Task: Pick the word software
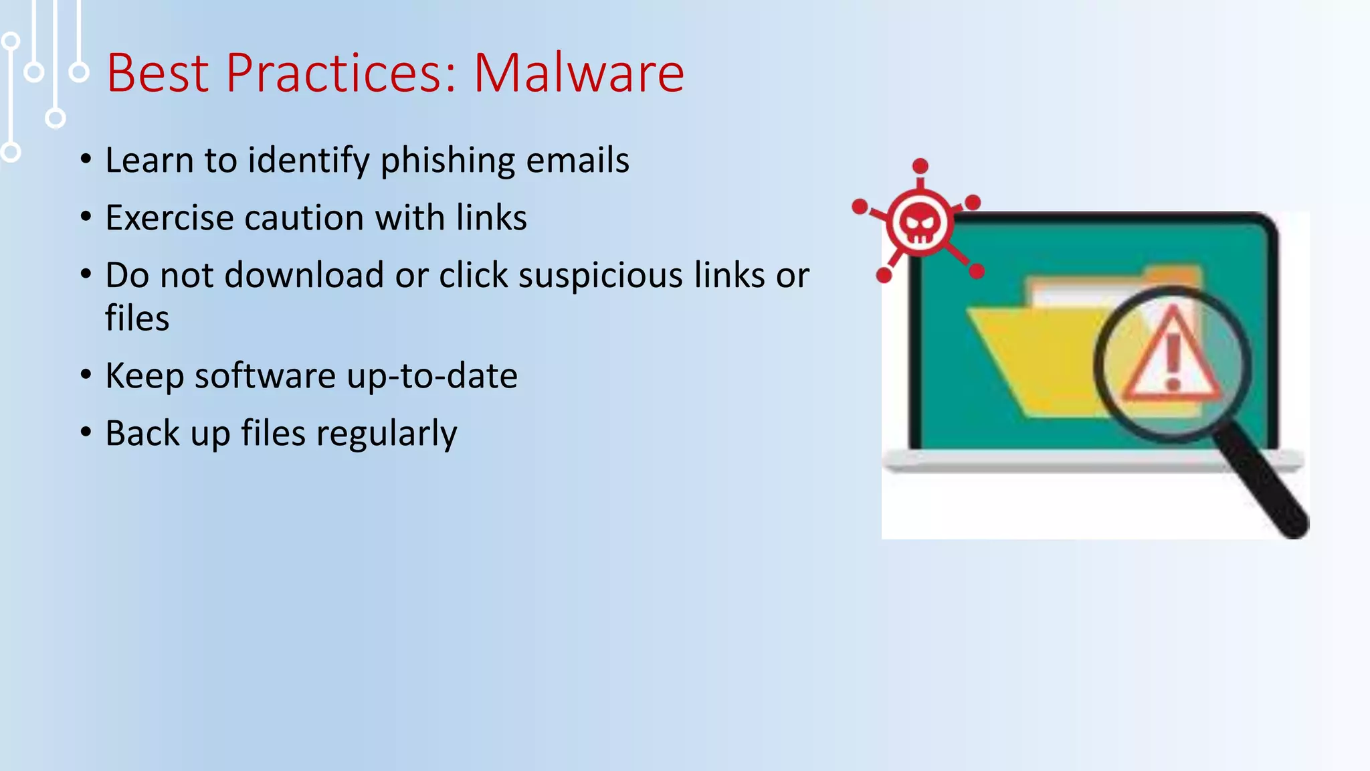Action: tap(265, 376)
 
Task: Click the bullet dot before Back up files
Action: tap(86, 432)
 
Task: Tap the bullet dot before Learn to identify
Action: tap(86, 159)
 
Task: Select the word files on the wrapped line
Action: tap(137, 318)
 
